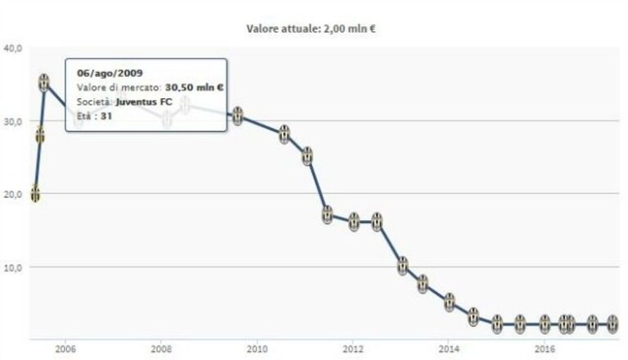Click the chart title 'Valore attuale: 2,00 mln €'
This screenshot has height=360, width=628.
pyautogui.click(x=311, y=29)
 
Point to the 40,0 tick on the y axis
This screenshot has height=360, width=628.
pyautogui.click(x=13, y=48)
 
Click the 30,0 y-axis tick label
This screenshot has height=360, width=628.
pyautogui.click(x=13, y=121)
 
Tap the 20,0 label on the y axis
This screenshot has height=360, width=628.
pyautogui.click(x=13, y=194)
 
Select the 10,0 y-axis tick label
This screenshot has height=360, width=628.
pyautogui.click(x=13, y=268)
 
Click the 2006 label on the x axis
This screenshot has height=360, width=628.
pyautogui.click(x=66, y=349)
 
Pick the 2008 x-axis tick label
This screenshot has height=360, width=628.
pyautogui.click(x=161, y=349)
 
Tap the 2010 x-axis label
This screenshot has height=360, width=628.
pyautogui.click(x=257, y=349)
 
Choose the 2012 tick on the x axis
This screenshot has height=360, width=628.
pyautogui.click(x=353, y=349)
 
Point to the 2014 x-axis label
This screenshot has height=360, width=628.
pyautogui.click(x=449, y=349)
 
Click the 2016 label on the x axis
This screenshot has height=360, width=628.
pyautogui.click(x=544, y=349)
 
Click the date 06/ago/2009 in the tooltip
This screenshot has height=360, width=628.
pyautogui.click(x=110, y=73)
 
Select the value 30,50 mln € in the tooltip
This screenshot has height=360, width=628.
pyautogui.click(x=194, y=88)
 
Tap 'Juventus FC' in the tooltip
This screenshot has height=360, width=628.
pyautogui.click(x=144, y=101)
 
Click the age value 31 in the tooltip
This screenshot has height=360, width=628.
pyautogui.click(x=106, y=116)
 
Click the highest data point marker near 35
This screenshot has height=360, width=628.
pyautogui.click(x=44, y=83)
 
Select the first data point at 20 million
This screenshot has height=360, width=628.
pyautogui.click(x=35, y=194)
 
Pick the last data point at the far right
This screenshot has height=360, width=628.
pyautogui.click(x=612, y=324)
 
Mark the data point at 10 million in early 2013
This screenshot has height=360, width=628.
pyautogui.click(x=403, y=266)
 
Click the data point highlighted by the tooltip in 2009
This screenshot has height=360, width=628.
pyautogui.click(x=238, y=116)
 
